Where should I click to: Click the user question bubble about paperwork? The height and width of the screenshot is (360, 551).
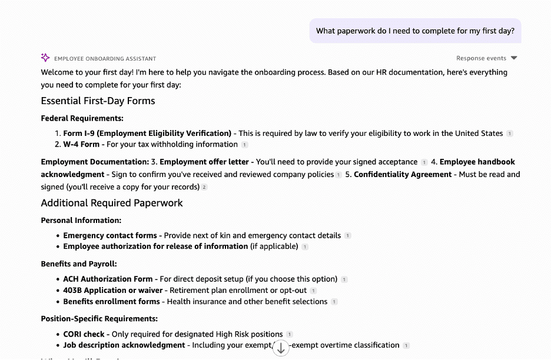tap(415, 31)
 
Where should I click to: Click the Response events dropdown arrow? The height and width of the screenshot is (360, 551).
tap(514, 58)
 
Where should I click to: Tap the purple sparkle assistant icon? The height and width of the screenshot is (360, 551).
tap(45, 58)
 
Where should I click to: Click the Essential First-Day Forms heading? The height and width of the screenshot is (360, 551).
tap(98, 101)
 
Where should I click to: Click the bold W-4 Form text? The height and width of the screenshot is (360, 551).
tap(81, 144)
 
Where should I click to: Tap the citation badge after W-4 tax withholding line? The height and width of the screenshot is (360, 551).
tap(245, 145)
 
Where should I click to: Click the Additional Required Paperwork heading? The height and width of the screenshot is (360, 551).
tap(112, 203)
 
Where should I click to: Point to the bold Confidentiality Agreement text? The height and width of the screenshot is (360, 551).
tap(403, 174)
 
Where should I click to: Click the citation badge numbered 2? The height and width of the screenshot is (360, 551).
tap(204, 187)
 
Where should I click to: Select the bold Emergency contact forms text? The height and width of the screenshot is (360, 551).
tap(110, 235)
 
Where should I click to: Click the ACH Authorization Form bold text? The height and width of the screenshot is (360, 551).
tap(108, 279)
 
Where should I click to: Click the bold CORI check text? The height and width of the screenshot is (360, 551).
tap(84, 334)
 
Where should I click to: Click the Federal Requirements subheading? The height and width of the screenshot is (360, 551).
tap(82, 118)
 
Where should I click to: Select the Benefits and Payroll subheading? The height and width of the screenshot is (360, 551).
tap(79, 264)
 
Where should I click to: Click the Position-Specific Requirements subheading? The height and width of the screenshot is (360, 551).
tap(99, 319)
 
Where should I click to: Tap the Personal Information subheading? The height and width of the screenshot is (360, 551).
tap(81, 220)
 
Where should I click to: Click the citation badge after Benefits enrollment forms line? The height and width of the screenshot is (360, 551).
tap(334, 302)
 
